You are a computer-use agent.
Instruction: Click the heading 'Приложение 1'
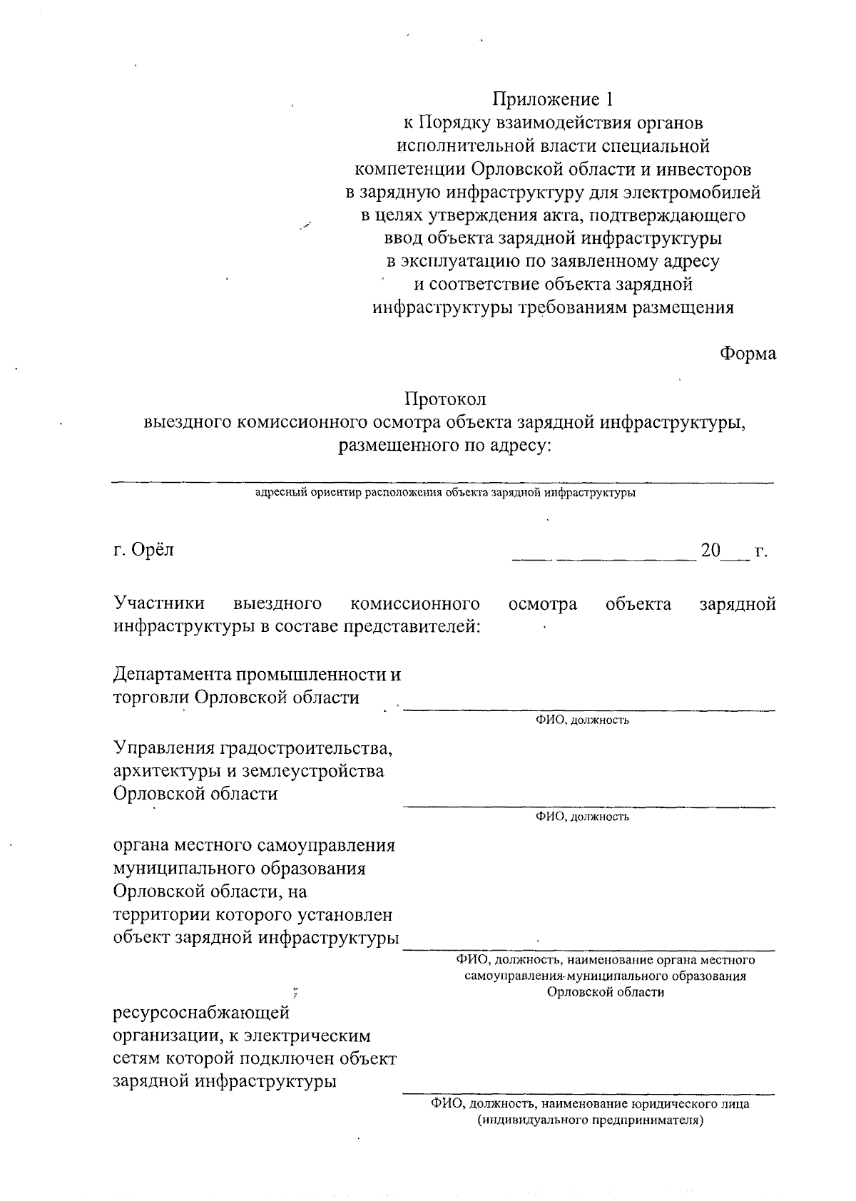(x=553, y=98)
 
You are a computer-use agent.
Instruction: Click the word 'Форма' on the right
(x=748, y=353)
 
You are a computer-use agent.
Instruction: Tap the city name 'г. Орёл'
(x=143, y=550)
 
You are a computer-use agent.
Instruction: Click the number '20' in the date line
(x=710, y=551)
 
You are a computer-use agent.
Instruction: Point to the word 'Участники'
(x=159, y=604)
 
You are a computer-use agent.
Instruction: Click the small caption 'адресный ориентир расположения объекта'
(x=399, y=493)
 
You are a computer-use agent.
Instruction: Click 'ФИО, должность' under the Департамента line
(x=582, y=720)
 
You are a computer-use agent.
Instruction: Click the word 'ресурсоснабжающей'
(x=202, y=1012)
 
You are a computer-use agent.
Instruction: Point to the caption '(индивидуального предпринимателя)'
(x=591, y=1120)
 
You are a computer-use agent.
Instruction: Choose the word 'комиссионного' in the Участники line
(x=415, y=604)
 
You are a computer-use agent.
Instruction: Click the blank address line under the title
(x=442, y=482)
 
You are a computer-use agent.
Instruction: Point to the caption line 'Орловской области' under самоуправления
(x=606, y=992)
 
